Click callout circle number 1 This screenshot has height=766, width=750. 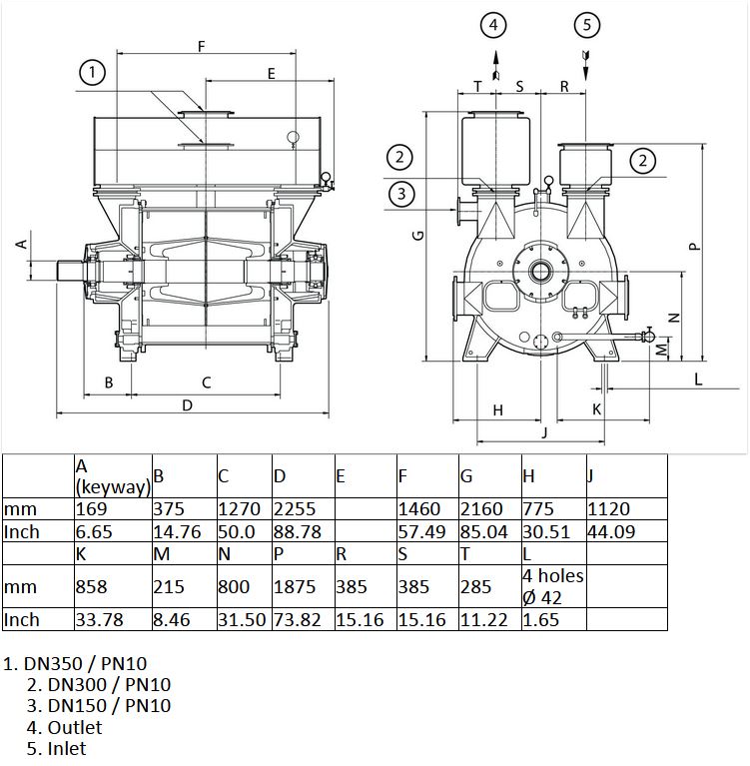[x=92, y=73]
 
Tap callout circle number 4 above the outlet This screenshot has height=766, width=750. [x=493, y=25]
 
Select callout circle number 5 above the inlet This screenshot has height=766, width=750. [x=587, y=25]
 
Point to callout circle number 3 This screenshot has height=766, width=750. [x=401, y=194]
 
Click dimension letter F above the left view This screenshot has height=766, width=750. [x=202, y=46]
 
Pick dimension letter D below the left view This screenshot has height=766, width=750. [x=187, y=405]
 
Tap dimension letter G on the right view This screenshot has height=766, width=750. [x=418, y=236]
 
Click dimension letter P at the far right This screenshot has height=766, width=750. [x=694, y=247]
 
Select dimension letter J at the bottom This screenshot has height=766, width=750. [x=545, y=431]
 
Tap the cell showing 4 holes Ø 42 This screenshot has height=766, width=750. [x=553, y=586]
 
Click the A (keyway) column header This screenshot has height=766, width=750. [x=113, y=476]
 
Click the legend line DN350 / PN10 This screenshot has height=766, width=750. [x=75, y=663]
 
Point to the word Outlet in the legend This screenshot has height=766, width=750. [x=75, y=727]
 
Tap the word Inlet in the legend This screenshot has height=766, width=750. [x=67, y=748]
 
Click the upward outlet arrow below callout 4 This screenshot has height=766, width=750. [x=496, y=65]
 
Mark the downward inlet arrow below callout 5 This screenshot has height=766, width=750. [x=586, y=65]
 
